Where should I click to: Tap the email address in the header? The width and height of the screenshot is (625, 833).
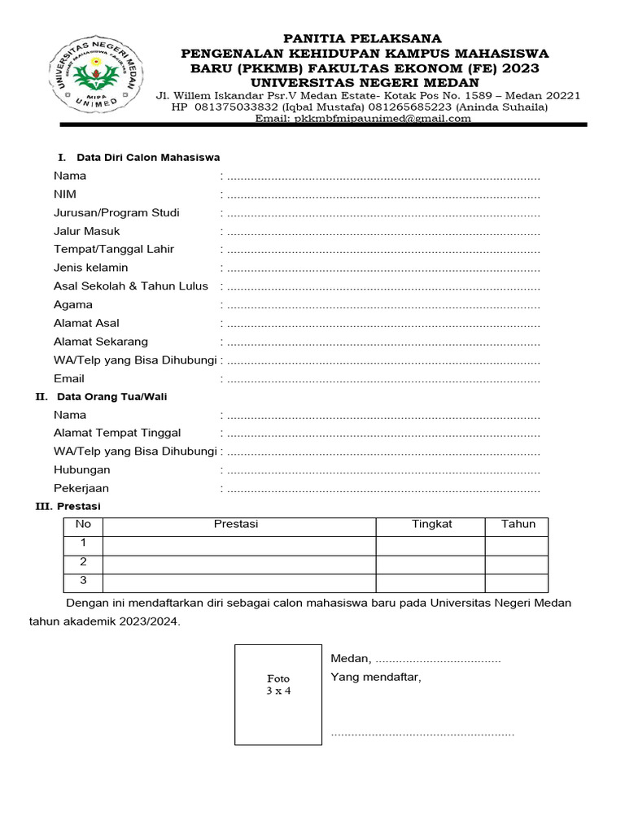click(363, 118)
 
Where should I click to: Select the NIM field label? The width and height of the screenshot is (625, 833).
click(65, 194)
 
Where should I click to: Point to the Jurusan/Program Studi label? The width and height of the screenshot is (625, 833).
click(116, 213)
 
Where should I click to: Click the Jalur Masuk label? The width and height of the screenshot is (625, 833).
click(86, 231)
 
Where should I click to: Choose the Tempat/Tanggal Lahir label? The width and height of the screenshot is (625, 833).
click(114, 250)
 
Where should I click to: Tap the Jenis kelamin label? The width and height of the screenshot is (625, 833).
click(90, 268)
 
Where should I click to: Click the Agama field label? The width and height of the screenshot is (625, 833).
click(72, 305)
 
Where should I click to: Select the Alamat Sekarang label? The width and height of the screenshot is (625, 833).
click(101, 342)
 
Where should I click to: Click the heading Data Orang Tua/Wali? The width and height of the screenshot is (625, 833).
click(111, 397)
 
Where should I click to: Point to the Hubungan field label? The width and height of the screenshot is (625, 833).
click(81, 470)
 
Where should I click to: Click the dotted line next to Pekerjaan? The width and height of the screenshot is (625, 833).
click(383, 490)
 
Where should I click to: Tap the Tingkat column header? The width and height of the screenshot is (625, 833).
click(431, 525)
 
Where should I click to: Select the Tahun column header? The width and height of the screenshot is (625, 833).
click(518, 525)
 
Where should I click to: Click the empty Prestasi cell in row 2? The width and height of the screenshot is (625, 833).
click(238, 564)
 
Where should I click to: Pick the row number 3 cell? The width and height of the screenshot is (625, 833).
click(83, 582)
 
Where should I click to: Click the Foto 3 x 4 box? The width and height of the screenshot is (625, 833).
click(278, 693)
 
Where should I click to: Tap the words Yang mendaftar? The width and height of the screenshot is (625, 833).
click(375, 678)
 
